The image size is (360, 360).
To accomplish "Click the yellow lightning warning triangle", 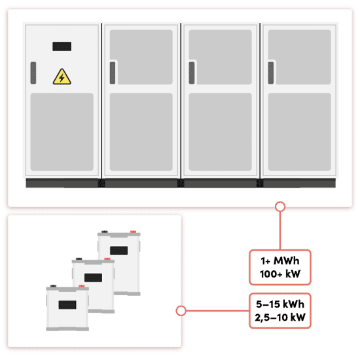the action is point(62,77).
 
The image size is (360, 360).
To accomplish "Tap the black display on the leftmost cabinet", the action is point(62,46).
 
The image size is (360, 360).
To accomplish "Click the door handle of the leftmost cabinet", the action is point(33,73).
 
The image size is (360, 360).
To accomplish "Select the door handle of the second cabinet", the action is point(113,73).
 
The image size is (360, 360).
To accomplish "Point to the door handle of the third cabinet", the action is point(192,73).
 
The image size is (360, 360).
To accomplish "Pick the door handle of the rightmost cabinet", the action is point(271,73).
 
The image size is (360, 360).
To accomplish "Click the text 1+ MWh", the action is point(280,261).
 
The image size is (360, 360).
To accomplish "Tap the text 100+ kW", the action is point(280,274).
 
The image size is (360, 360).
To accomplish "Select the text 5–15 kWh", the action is point(280,304).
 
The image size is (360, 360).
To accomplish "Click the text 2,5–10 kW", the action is point(280,317).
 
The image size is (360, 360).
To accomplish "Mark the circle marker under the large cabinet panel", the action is point(280,207).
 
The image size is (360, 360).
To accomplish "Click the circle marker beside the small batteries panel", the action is point(181,311).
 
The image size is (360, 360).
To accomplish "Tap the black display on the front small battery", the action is point(67,305).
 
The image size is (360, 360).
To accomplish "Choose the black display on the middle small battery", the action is point(93,278).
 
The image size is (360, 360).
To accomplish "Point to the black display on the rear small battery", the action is point(119,251).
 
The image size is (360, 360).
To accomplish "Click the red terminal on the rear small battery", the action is point(133,232).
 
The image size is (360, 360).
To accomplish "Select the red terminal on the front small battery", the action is point(82,286).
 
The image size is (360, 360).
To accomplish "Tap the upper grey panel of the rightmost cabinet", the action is point(300,57).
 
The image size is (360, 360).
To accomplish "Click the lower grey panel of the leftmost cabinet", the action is point(62,132).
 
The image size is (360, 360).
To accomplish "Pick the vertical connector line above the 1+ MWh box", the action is point(280,231).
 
